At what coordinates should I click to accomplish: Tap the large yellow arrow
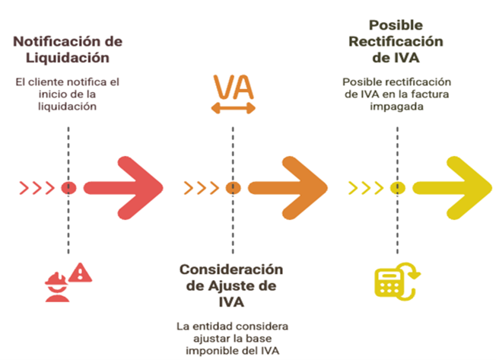(x=453, y=187)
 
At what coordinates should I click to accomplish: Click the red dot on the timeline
(x=68, y=187)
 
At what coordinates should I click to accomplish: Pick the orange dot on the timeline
(x=233, y=187)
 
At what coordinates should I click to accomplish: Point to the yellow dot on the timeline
(x=396, y=187)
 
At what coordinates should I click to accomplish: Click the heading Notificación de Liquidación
(x=68, y=49)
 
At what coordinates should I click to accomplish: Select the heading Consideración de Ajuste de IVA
(x=231, y=285)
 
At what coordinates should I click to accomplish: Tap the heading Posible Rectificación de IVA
(x=396, y=42)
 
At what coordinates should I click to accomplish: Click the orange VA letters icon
(x=233, y=87)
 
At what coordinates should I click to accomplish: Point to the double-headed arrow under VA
(x=233, y=110)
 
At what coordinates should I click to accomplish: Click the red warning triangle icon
(x=78, y=272)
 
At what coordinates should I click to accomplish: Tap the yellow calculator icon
(x=389, y=281)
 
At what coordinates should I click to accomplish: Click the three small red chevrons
(x=37, y=187)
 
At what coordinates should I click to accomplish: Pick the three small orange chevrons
(x=201, y=187)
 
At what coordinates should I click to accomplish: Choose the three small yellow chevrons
(x=364, y=187)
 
